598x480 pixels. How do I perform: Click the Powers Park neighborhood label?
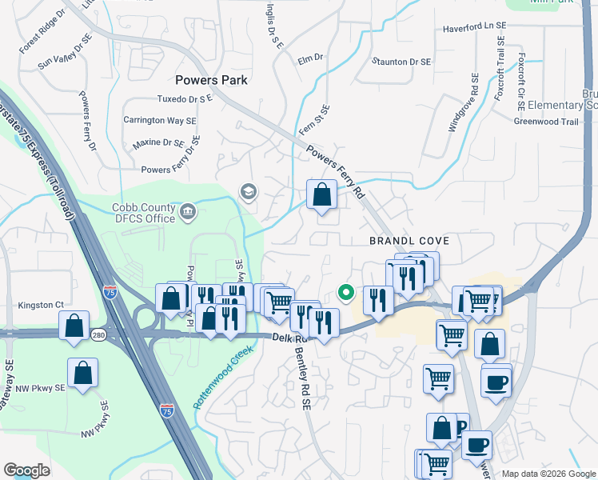click(211, 80)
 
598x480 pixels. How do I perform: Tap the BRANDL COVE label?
click(409, 241)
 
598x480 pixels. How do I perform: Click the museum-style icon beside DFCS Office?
click(189, 211)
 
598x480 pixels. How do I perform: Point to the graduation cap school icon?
click(248, 191)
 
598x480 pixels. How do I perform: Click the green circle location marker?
click(345, 293)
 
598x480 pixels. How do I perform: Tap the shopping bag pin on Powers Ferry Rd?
click(321, 194)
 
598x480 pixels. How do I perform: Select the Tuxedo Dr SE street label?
click(185, 99)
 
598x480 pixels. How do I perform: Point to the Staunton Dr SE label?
click(402, 62)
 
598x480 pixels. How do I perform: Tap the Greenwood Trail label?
click(545, 122)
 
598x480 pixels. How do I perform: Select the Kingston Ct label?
click(39, 305)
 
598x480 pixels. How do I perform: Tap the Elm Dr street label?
click(309, 58)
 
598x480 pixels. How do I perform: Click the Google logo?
click(26, 470)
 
